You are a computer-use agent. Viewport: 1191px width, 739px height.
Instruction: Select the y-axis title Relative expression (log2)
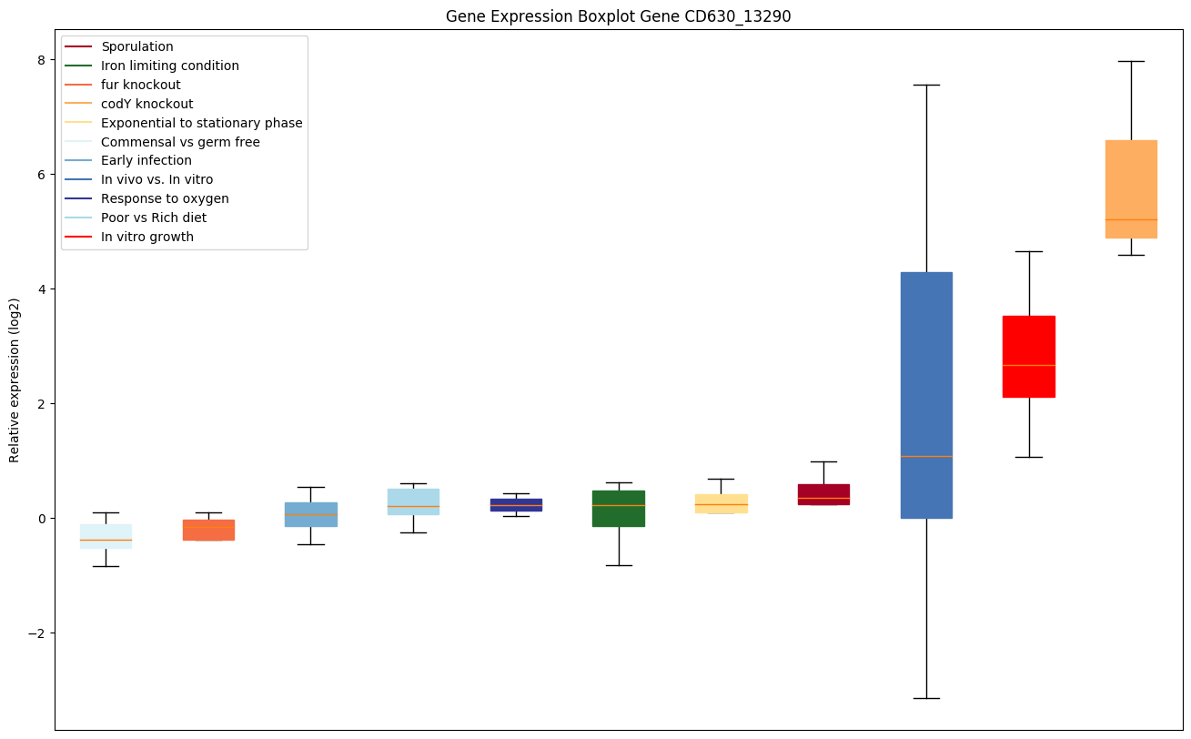tap(15, 380)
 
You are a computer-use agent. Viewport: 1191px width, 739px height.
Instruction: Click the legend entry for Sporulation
tap(137, 46)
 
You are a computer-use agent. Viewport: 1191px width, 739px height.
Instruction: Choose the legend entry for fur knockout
tap(141, 85)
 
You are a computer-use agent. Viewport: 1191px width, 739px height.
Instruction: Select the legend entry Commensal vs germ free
tap(180, 142)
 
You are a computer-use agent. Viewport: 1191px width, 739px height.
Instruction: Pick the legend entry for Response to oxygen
tap(165, 198)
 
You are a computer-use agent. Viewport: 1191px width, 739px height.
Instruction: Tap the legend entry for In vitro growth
tap(147, 237)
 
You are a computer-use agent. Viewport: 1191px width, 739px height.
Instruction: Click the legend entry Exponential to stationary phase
tap(202, 123)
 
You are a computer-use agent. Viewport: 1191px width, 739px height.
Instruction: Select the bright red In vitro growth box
tap(1029, 356)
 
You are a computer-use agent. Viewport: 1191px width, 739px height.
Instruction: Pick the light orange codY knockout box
tap(1131, 188)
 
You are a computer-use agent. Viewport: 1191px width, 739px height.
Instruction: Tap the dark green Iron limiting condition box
tap(619, 508)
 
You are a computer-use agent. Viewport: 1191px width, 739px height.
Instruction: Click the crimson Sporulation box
tap(823, 494)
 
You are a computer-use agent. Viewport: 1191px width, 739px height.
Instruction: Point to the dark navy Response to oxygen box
tap(516, 504)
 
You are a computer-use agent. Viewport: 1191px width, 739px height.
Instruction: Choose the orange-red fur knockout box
tap(208, 530)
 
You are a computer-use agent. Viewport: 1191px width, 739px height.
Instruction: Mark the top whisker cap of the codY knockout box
tap(1131, 61)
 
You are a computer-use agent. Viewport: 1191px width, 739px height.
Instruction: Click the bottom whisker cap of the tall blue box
tap(926, 698)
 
